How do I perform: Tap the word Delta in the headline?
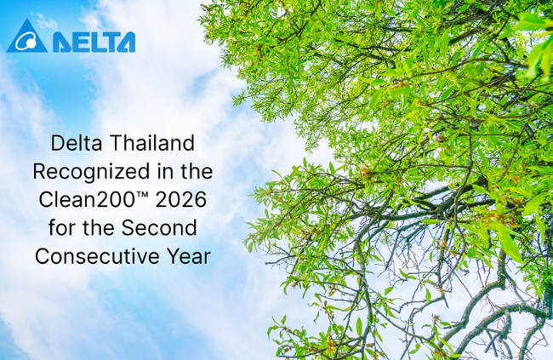tap(75, 142)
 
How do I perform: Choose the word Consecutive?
tap(102, 256)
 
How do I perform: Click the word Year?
tap(191, 256)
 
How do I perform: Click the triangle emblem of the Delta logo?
tap(26, 37)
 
